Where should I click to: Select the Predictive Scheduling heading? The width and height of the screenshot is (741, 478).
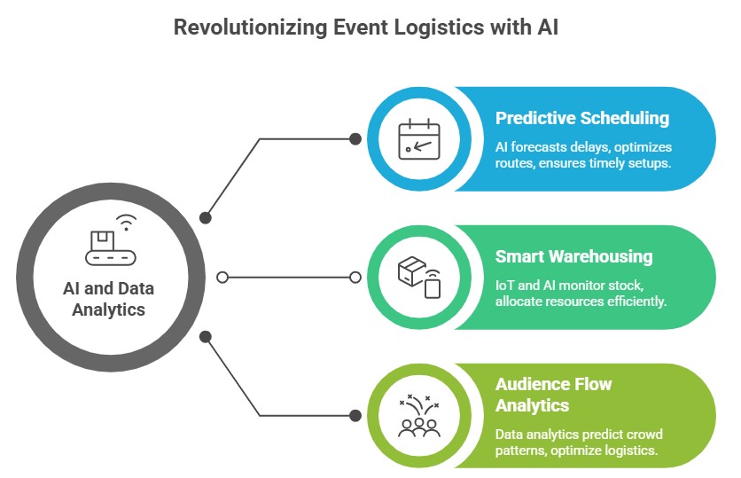(x=582, y=118)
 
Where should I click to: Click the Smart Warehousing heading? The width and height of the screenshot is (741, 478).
(x=573, y=256)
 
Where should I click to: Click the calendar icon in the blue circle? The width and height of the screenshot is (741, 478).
(x=419, y=138)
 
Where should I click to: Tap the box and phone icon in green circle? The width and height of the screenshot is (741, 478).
(x=419, y=277)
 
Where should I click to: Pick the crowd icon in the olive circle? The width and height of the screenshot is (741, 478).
(x=419, y=416)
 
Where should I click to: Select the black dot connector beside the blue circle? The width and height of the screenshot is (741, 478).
(x=355, y=138)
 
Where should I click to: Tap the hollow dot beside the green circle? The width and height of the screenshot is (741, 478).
(x=355, y=278)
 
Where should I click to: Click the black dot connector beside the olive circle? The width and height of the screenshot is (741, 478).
(x=355, y=416)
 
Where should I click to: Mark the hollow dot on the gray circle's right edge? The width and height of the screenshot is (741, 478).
(x=222, y=278)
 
